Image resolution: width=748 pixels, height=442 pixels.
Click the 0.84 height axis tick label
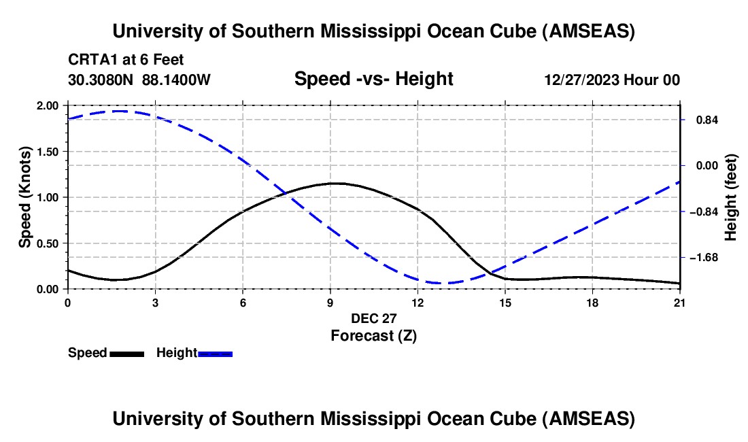click(x=704, y=120)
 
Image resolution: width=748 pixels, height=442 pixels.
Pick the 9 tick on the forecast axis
click(x=330, y=303)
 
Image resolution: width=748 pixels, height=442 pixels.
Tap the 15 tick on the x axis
click(x=505, y=303)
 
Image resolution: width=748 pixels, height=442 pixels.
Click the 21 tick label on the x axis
click(x=680, y=303)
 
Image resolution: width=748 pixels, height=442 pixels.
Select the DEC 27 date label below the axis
click(x=373, y=318)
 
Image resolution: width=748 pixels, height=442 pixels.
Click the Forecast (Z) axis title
click(x=373, y=335)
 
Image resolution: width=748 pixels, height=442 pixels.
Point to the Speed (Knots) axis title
click(x=25, y=197)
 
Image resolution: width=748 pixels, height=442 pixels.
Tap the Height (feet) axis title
click(x=732, y=197)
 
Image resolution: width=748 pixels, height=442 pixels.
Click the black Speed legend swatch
click(x=126, y=354)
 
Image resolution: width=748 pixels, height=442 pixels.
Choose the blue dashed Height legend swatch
click(x=215, y=354)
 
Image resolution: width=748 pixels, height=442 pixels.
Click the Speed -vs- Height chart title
click(x=373, y=79)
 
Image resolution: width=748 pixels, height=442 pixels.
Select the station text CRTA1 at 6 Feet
click(x=126, y=60)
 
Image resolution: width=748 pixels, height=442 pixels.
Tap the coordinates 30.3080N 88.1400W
click(x=139, y=80)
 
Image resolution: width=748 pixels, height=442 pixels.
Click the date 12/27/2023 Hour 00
click(x=612, y=80)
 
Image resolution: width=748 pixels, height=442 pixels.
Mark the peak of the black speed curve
click(x=335, y=183)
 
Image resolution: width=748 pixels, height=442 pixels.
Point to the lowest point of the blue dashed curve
click(x=442, y=283)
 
